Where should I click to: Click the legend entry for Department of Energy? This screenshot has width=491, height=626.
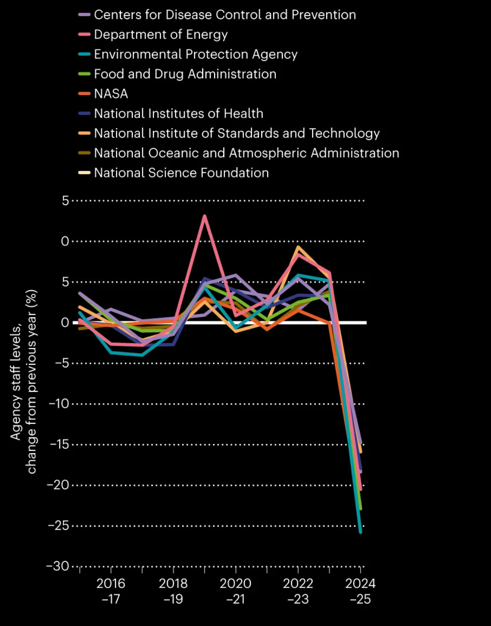coord(161,34)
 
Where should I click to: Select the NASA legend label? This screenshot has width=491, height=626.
coord(111,94)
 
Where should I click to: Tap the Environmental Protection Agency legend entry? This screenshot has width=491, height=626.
coord(195,54)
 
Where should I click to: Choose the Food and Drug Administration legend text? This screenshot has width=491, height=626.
coord(185,74)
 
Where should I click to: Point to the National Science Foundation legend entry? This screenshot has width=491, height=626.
coord(181,173)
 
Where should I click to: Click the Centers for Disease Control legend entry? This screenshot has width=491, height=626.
coord(225,15)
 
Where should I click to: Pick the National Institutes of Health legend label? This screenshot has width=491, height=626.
coord(178,113)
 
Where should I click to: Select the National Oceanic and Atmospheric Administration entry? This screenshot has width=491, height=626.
coord(246,153)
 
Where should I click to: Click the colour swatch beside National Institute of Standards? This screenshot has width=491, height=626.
coord(84,133)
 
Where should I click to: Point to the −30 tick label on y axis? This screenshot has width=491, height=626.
coord(57,566)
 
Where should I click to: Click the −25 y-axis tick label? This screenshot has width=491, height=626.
coord(58,525)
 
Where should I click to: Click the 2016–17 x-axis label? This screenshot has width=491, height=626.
coord(111,591)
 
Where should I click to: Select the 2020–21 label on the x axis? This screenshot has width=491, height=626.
coord(235,591)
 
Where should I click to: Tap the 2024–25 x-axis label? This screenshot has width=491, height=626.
coord(360,591)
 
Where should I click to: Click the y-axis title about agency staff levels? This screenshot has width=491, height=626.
coord(23,381)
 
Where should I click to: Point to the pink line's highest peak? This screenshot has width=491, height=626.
coord(205,216)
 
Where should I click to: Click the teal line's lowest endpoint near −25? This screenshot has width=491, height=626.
coord(361,532)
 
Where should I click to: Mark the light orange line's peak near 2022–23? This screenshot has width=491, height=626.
coord(298,247)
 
